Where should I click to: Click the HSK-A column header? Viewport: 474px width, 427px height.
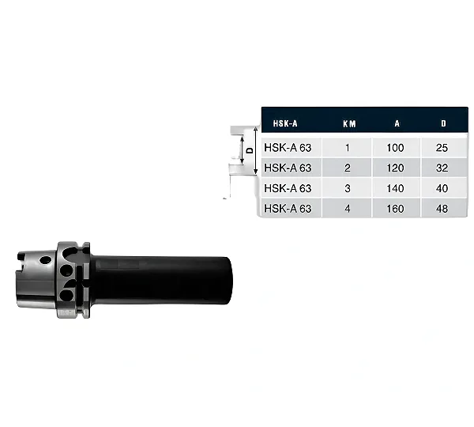pos(285,123)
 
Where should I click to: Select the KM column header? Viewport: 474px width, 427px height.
pos(349,123)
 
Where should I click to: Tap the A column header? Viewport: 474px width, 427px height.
pos(397,123)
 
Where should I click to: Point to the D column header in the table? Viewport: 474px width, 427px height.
pos(443,123)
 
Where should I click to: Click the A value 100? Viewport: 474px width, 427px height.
pos(396,148)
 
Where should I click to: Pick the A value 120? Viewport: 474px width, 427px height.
pos(396,168)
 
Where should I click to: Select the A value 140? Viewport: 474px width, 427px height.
pos(396,188)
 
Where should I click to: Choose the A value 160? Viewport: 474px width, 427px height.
pos(396,209)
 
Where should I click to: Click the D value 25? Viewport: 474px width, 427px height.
pos(442,148)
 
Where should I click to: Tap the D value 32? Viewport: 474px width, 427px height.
pos(442,168)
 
